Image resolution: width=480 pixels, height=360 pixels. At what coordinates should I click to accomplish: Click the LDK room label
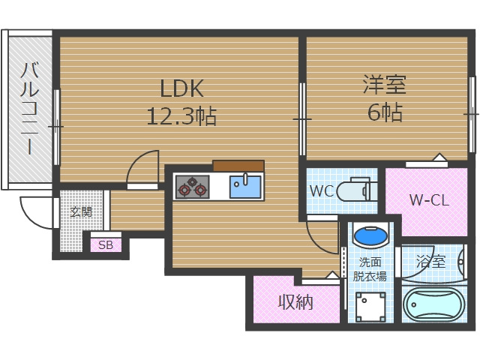click(x=182, y=88)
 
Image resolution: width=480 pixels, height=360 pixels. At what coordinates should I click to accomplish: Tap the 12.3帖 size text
click(x=182, y=116)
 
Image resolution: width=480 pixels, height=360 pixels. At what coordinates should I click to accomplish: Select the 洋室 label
click(x=385, y=84)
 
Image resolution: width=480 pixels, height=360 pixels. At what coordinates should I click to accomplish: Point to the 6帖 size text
click(x=385, y=112)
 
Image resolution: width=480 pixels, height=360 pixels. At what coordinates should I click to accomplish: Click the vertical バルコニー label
click(x=29, y=109)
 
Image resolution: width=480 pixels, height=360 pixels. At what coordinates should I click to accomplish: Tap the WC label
click(x=321, y=190)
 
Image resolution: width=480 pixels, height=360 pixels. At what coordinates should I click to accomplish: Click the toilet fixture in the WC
click(x=355, y=190)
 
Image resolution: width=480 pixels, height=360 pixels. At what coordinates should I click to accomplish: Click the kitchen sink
click(x=244, y=185)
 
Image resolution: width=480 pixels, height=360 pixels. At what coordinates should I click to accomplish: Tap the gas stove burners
click(x=192, y=186)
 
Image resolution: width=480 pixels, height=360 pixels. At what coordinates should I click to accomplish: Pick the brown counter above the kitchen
click(x=238, y=166)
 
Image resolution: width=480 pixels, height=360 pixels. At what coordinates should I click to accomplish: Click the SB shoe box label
click(x=106, y=244)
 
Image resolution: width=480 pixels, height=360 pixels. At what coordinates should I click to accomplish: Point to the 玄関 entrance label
click(x=81, y=212)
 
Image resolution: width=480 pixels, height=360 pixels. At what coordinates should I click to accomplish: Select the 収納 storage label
click(x=296, y=302)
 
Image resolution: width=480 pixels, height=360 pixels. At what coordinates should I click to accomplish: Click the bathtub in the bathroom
click(x=433, y=306)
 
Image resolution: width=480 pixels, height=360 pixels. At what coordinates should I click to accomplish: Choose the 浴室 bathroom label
click(x=430, y=262)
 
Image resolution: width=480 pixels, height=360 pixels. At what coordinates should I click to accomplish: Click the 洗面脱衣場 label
click(x=370, y=268)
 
